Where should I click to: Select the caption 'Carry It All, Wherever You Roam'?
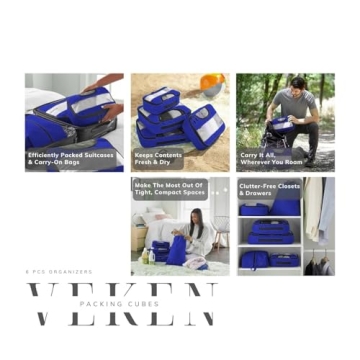pyautogui.click(x=271, y=158)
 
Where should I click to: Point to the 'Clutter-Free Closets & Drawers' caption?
pyautogui.click(x=268, y=189)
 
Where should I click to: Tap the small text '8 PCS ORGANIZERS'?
pyautogui.click(x=58, y=272)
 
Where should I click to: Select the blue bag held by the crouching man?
pyautogui.click(x=281, y=124)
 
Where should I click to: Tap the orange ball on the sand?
pyautogui.click(x=212, y=84)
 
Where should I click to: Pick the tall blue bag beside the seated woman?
pyautogui.click(x=176, y=251)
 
